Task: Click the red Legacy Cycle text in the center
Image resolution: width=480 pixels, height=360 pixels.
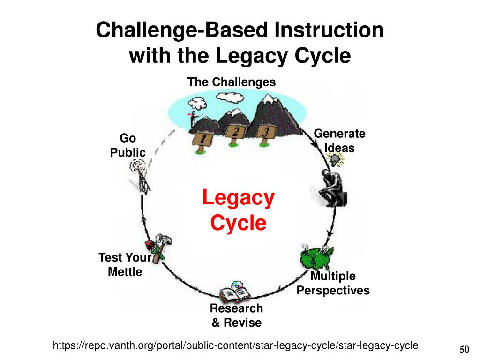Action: click(x=238, y=210)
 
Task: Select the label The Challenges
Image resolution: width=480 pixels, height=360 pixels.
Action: click(x=232, y=82)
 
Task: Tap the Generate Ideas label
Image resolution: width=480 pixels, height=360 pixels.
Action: click(x=339, y=141)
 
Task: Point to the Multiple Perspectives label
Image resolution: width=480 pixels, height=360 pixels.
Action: click(x=333, y=283)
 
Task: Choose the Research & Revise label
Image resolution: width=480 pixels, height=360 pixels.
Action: click(x=236, y=315)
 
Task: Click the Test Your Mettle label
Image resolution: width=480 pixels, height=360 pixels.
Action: click(x=125, y=264)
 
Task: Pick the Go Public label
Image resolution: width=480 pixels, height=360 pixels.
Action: click(x=127, y=145)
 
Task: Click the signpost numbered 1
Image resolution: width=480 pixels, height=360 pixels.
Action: click(x=202, y=140)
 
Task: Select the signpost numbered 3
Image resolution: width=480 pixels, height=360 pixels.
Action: click(x=264, y=133)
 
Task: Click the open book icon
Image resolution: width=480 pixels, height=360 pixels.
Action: click(x=235, y=293)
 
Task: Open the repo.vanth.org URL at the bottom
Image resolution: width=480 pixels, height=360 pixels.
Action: click(x=235, y=346)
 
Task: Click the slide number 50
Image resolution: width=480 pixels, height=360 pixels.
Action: click(x=464, y=350)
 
